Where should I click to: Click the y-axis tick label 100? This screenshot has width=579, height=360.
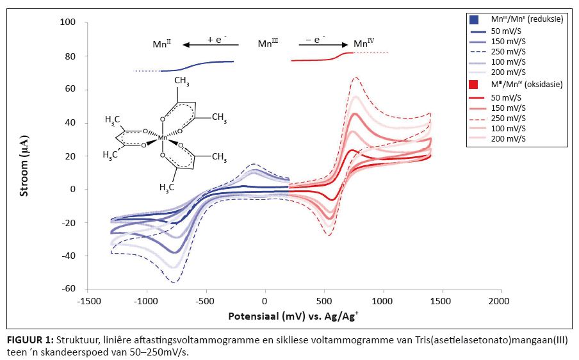coord(68,22)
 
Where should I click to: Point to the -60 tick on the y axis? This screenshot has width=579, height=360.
coord(68,289)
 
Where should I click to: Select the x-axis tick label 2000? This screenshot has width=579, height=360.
coord(500,300)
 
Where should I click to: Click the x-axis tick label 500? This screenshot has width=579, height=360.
coord(324,300)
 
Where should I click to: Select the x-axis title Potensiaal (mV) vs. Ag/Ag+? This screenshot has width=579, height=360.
coord(294,317)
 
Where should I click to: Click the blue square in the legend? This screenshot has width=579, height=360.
coord(473,19)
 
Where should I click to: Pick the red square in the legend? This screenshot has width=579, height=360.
coord(473,84)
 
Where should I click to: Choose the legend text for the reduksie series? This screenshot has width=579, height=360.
coord(522,19)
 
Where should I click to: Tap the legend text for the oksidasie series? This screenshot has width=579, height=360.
coord(522,84)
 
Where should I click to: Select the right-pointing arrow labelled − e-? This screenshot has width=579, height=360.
coord(323,45)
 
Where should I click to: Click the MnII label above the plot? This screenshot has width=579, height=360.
coord(162,44)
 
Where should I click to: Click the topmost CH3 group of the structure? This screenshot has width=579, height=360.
coord(181,81)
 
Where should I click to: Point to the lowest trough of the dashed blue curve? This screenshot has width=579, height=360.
coord(174,282)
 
